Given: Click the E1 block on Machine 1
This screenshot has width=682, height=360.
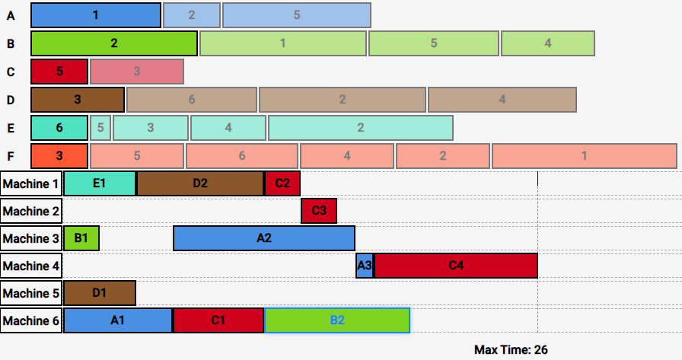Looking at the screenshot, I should (x=100, y=183).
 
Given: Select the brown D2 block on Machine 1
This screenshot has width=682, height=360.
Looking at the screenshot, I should (x=200, y=183).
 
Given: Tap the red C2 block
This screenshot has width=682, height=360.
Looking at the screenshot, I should (x=282, y=183).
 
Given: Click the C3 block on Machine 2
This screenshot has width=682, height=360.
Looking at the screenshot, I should (x=319, y=211).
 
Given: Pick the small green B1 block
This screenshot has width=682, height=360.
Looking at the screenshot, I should (x=81, y=238).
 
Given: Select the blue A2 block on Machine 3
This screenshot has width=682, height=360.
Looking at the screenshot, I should (x=264, y=238).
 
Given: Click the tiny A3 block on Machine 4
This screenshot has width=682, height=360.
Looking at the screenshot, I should (x=365, y=266).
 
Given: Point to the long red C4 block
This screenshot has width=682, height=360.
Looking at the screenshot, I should (x=456, y=266).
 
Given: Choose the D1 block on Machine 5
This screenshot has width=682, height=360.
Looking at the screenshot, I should (x=100, y=293).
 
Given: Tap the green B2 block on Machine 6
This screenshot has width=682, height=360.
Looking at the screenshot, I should (x=337, y=320).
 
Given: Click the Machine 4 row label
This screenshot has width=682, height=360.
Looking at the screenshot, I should (x=31, y=266).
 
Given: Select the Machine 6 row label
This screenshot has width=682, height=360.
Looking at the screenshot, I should (x=31, y=320).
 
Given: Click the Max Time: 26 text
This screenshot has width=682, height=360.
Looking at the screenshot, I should (x=511, y=350).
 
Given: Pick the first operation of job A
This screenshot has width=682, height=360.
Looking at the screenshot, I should (x=96, y=15).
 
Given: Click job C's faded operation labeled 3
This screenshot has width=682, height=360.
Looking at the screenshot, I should (x=137, y=72).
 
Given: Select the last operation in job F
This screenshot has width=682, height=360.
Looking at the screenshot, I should (x=584, y=156).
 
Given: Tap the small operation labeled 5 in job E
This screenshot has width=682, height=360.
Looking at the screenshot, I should (x=100, y=128).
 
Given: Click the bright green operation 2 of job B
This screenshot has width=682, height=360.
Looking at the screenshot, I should (x=114, y=43).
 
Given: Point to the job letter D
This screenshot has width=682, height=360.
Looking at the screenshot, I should (x=11, y=100).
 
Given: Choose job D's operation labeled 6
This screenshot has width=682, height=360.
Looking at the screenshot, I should (x=191, y=100).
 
